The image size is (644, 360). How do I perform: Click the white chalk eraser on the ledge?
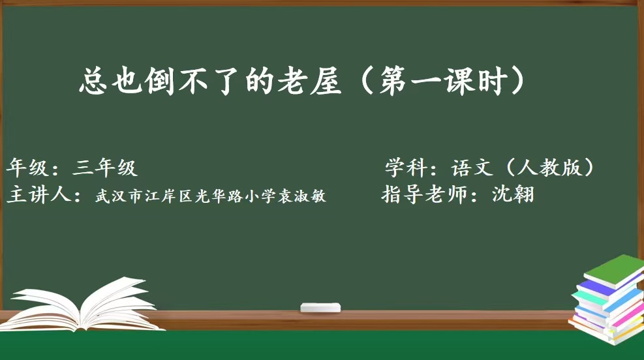coord(320,307)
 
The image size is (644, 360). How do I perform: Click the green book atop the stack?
coord(615,271)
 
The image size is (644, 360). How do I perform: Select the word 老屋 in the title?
coord(309,81)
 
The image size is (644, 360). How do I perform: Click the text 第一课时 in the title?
coord(444,81)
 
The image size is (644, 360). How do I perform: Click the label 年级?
coord(27,168)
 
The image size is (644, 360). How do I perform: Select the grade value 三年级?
coord(104,168)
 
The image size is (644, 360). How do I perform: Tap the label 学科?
coord(405,167)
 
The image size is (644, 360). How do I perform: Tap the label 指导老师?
coord(425,194)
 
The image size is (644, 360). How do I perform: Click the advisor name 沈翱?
coord(513,194)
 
